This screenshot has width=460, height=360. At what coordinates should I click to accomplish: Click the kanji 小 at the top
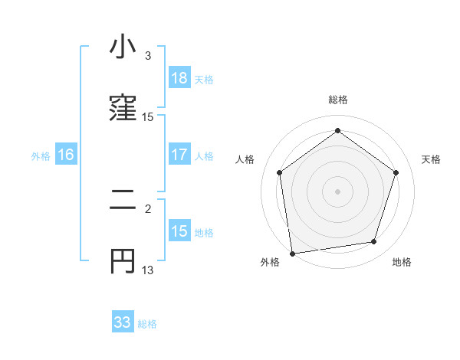click(123, 47)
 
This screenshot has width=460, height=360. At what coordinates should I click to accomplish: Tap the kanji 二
click(123, 201)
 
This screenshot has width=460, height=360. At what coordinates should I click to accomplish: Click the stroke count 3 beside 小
click(148, 56)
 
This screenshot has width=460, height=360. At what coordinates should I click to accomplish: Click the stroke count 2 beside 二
click(148, 208)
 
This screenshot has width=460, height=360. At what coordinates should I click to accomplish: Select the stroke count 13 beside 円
click(148, 270)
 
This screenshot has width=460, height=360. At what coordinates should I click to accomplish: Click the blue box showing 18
click(179, 78)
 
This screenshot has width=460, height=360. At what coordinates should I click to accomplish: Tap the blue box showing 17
click(179, 155)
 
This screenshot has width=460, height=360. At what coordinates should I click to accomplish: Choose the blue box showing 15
click(179, 231)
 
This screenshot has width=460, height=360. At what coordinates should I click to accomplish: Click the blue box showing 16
click(66, 155)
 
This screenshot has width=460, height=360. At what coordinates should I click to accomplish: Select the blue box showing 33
click(123, 322)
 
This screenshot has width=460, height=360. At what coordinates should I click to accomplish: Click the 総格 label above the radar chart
click(337, 100)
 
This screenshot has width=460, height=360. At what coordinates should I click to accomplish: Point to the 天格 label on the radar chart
click(431, 159)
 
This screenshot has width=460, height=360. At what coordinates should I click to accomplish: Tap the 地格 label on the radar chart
click(402, 263)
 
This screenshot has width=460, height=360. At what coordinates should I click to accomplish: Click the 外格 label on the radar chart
click(270, 263)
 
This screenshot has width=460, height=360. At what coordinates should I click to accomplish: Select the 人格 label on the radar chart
click(245, 159)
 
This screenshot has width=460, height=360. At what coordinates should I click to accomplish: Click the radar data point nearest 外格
click(292, 253)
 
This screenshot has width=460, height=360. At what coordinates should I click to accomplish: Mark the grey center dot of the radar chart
click(337, 191)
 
